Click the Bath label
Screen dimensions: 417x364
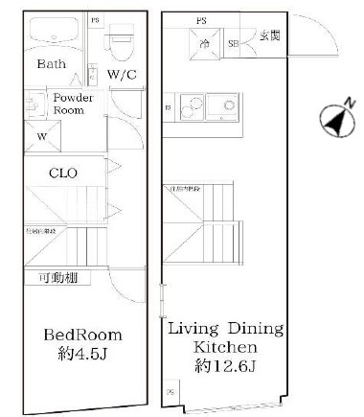click(x=52, y=65)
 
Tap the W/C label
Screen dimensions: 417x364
click(x=121, y=74)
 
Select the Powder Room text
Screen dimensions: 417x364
click(x=73, y=104)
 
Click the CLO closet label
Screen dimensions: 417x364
click(x=63, y=173)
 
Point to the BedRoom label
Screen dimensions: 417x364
click(x=82, y=335)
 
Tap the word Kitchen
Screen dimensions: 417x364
click(x=225, y=346)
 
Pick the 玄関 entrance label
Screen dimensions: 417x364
click(x=270, y=36)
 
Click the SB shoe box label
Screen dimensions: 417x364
click(x=233, y=43)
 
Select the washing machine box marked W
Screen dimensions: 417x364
click(x=40, y=135)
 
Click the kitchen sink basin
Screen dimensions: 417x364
click(x=228, y=104)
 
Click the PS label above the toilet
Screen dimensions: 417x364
click(x=95, y=19)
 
